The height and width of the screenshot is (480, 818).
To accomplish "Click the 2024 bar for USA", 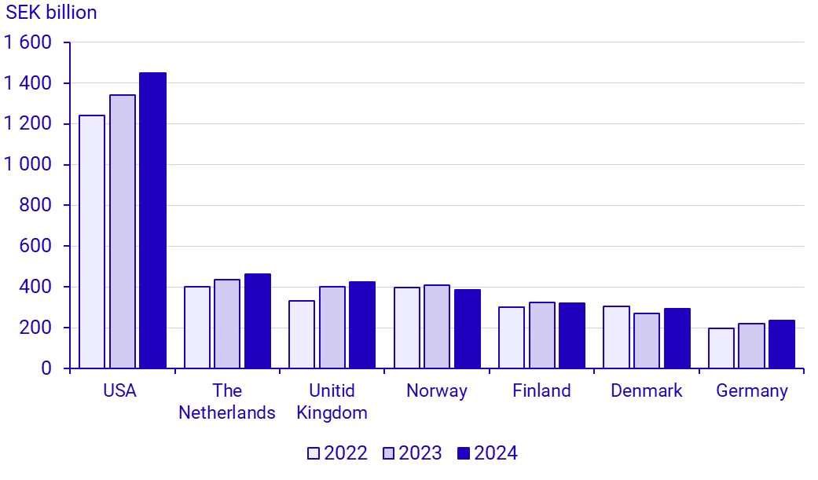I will pyautogui.click(x=152, y=221).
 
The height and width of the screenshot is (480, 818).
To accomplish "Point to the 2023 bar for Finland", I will pyautogui.click(x=541, y=335).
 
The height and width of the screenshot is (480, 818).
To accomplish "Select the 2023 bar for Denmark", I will pyautogui.click(x=647, y=340).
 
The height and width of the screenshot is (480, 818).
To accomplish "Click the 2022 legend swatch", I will pyautogui.click(x=314, y=453).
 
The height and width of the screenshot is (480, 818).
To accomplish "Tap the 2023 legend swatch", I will pyautogui.click(x=388, y=453).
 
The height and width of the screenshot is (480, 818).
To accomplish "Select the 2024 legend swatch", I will pyautogui.click(x=463, y=453).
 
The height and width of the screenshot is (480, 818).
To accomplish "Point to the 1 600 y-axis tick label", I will pyautogui.click(x=29, y=42).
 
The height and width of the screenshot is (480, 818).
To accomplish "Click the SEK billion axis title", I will pyautogui.click(x=52, y=13).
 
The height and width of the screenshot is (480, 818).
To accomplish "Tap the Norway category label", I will pyautogui.click(x=437, y=390).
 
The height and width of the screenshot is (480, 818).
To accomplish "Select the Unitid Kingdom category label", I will pyautogui.click(x=332, y=401).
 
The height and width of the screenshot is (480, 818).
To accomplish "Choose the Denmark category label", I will pyautogui.click(x=647, y=390).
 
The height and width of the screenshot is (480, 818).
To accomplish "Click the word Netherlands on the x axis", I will pyautogui.click(x=227, y=412).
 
